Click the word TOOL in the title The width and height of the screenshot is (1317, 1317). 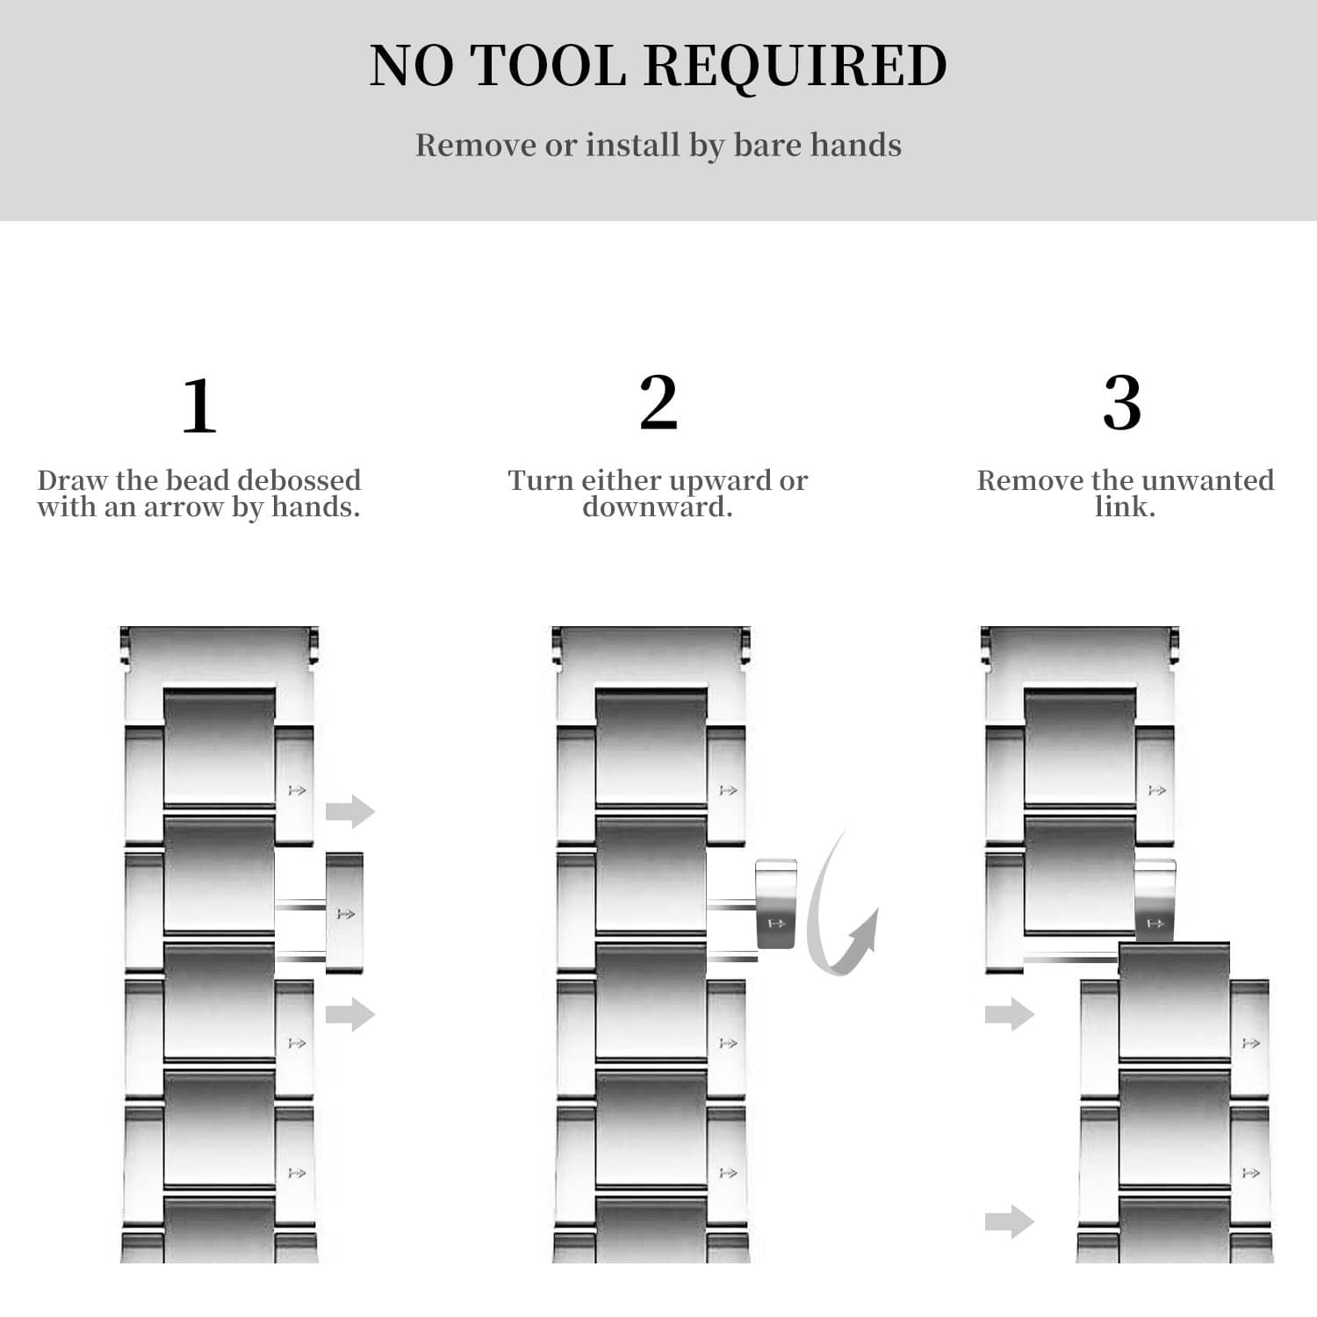(549, 65)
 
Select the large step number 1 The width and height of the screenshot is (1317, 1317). (199, 405)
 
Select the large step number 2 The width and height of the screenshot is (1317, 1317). (658, 402)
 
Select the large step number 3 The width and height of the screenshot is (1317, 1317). (1122, 402)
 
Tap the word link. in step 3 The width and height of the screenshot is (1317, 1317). (1125, 507)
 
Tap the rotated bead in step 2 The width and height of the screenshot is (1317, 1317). (776, 903)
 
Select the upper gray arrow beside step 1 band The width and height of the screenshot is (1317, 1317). (350, 810)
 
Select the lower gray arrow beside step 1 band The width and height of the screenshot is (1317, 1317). (350, 1014)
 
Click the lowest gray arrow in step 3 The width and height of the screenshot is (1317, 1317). (1010, 1221)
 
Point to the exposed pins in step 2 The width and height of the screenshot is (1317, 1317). (731, 931)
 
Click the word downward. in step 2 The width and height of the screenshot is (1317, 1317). (658, 507)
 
